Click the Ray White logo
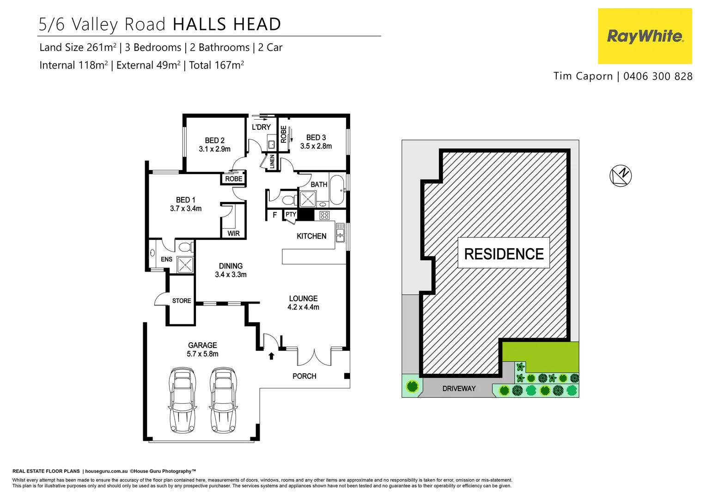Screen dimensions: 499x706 tap(645, 36)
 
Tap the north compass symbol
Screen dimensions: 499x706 tap(621, 176)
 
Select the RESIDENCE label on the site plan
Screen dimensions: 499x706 tap(504, 254)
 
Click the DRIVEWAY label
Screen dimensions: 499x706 tap(458, 389)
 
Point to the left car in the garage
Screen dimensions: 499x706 tap(183, 400)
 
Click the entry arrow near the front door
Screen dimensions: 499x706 tap(272, 356)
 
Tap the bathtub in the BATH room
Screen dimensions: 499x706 tap(337, 189)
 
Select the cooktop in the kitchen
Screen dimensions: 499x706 tap(324, 215)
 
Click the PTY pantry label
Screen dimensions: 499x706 tap(291, 214)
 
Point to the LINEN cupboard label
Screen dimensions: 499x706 tap(272, 162)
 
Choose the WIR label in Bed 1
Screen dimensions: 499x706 tap(233, 233)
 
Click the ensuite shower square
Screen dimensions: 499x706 tap(185, 265)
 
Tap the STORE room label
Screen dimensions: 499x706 tap(182, 301)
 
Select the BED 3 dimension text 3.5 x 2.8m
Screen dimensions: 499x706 tap(316, 146)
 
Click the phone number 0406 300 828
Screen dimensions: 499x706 tap(657, 76)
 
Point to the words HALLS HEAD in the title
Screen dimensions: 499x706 tap(227, 24)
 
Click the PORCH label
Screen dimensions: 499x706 tap(304, 376)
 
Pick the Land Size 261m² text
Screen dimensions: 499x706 tap(78, 48)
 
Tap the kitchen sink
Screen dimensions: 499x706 tap(340, 233)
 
